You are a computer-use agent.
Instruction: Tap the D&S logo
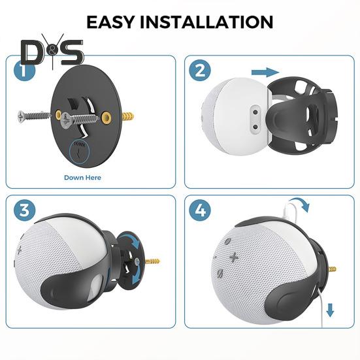[x=52, y=52]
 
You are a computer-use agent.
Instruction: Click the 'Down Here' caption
[x=82, y=177]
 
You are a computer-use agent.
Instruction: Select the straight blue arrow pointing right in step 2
[x=265, y=72]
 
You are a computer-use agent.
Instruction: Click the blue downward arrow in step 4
[x=330, y=311]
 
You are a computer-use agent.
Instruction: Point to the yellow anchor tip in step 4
[x=335, y=269]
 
